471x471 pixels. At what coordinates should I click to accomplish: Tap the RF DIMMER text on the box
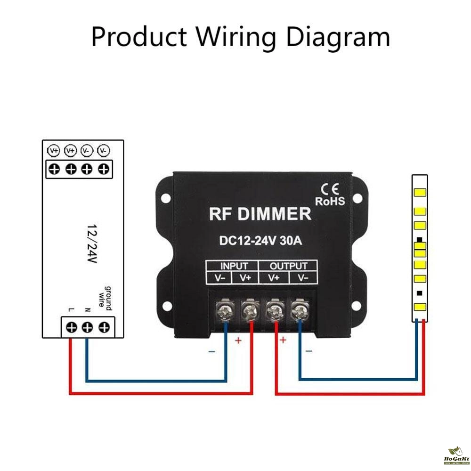260,214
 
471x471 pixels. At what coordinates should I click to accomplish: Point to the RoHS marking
330,201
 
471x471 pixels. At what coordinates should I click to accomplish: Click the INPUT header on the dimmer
234,266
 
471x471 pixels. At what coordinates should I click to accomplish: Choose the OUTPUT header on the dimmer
288,266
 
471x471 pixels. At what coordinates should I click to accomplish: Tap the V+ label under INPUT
245,278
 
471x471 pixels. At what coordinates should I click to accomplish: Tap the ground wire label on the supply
105,297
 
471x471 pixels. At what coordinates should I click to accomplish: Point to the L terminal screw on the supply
71,327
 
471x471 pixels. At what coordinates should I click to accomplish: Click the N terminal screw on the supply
88,327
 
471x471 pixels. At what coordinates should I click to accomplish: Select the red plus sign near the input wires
238,340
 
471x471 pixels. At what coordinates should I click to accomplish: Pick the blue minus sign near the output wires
309,351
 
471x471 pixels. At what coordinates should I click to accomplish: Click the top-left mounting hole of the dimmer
166,199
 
